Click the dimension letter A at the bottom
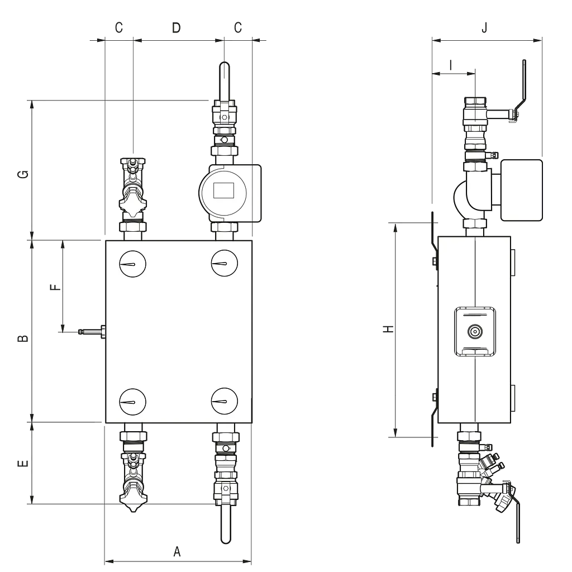pyautogui.click(x=177, y=551)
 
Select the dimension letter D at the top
pyautogui.click(x=176, y=28)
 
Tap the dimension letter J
pyautogui.click(x=484, y=28)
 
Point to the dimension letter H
pyautogui.click(x=389, y=328)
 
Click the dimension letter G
pyautogui.click(x=23, y=174)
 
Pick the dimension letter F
pyautogui.click(x=55, y=288)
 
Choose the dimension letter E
pyautogui.click(x=23, y=464)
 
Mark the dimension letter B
pyautogui.click(x=23, y=339)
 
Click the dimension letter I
pyautogui.click(x=451, y=65)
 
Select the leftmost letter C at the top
pyautogui.click(x=119, y=28)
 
